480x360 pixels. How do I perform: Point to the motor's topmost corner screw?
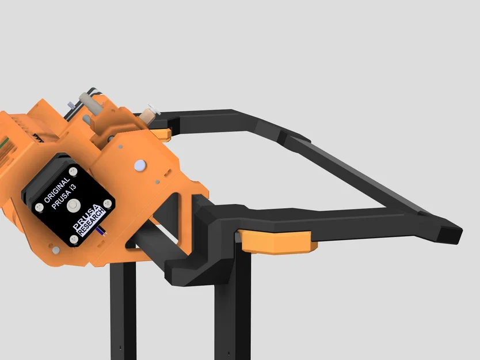coord(73,172)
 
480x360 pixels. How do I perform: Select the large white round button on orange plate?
coord(139,166)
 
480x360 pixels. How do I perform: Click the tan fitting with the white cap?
coord(149,113)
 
